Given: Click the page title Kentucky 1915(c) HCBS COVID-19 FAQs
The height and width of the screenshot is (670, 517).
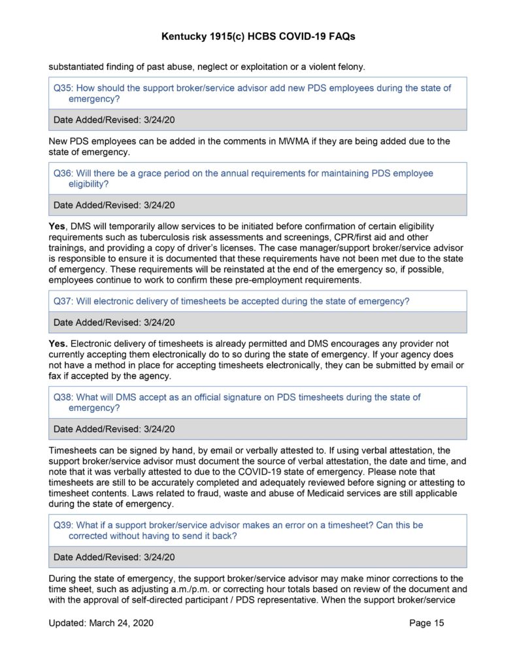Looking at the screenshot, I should tap(258, 37).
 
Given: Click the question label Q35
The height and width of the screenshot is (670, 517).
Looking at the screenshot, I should tap(63, 88).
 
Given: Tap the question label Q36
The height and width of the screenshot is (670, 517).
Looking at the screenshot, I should tap(63, 173).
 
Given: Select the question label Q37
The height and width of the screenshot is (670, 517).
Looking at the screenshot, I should tap(63, 301).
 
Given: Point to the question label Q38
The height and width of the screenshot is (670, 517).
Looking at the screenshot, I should tap(63, 397).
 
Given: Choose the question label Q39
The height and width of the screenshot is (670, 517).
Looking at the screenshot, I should tap(63, 525).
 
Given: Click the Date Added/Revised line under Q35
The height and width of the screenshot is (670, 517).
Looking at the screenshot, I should tap(114, 120).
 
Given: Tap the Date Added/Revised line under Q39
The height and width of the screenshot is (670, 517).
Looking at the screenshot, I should tap(114, 557).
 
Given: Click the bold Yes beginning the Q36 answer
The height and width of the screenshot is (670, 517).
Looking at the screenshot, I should tap(58, 226).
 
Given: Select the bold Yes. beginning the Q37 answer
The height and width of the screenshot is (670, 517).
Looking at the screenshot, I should tap(58, 344).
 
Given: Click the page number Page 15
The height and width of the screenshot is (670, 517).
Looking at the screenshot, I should tap(426, 623).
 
